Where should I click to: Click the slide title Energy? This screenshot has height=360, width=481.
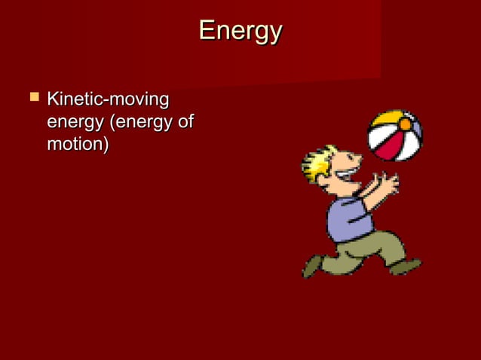tap(240, 32)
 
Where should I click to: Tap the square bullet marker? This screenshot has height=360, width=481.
tap(32, 98)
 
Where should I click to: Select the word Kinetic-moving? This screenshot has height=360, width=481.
tap(108, 99)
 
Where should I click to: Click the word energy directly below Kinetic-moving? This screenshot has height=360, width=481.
tap(72, 121)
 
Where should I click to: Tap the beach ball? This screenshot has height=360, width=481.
tap(394, 136)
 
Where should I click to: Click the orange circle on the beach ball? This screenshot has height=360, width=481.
tap(405, 124)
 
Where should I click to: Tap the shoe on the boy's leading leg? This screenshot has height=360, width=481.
tap(406, 267)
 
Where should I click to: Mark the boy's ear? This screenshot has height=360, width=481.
tap(326, 181)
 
